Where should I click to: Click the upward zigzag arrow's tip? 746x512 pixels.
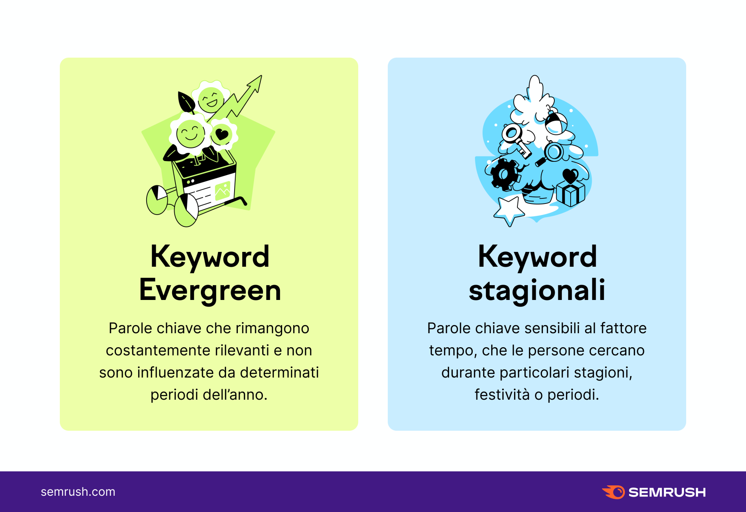pyautogui.click(x=261, y=76)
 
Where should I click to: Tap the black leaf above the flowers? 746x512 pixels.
pyautogui.click(x=186, y=102)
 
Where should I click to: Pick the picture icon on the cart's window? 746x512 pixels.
pyautogui.click(x=223, y=191)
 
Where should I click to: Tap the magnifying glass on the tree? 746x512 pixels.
pyautogui.click(x=550, y=154)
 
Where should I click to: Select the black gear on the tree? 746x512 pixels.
pyautogui.click(x=504, y=174)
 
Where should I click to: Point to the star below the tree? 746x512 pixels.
pyautogui.click(x=509, y=211)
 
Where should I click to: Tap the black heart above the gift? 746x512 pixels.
pyautogui.click(x=571, y=175)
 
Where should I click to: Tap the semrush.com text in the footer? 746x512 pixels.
pyautogui.click(x=78, y=492)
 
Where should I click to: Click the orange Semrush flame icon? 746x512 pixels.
pyautogui.click(x=613, y=492)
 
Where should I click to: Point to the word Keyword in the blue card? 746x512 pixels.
pyautogui.click(x=537, y=257)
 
